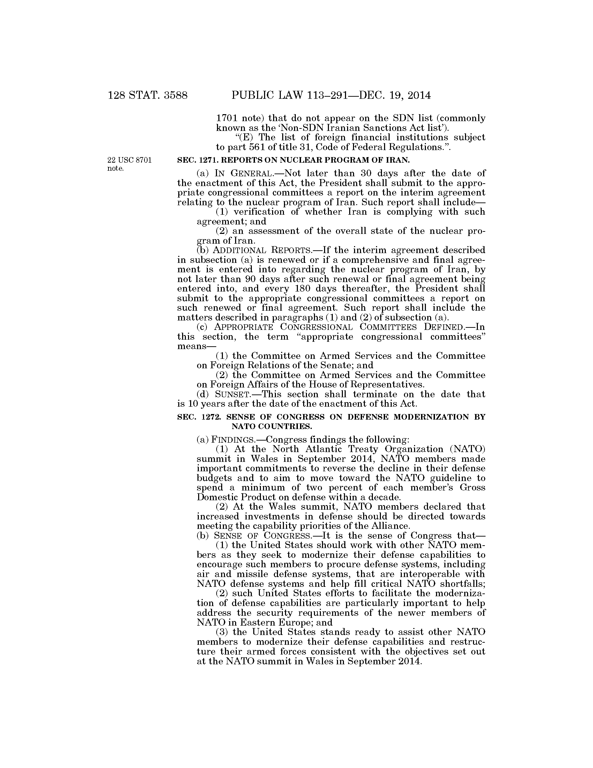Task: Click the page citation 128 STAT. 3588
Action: (x=148, y=96)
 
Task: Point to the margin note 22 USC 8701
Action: (x=130, y=160)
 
